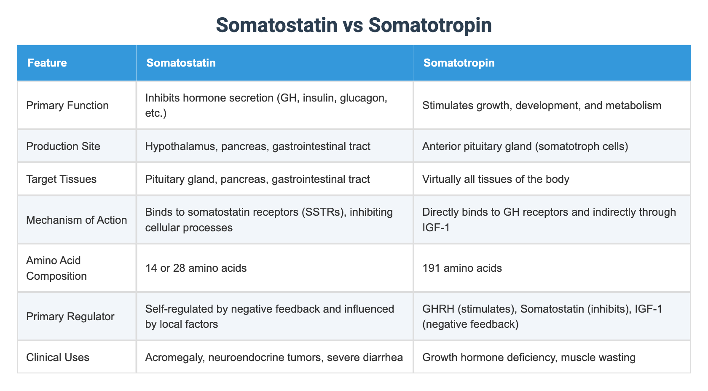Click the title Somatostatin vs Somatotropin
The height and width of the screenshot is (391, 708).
[354, 25]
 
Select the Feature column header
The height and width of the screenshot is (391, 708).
[47, 63]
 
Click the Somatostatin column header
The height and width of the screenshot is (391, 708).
[181, 63]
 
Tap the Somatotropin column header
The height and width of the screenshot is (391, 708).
[459, 63]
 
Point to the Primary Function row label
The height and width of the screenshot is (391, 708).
[67, 105]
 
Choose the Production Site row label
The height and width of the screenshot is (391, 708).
[63, 146]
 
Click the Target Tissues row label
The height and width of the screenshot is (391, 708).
[61, 179]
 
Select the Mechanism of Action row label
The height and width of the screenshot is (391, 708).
[76, 220]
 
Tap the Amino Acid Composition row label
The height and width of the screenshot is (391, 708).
[56, 268]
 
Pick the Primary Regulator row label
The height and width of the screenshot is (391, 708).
[70, 316]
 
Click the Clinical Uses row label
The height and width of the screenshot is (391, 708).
[58, 357]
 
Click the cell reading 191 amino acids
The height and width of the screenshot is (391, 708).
[462, 268]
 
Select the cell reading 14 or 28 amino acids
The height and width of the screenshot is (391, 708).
[196, 268]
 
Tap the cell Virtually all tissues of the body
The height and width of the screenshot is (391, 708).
[496, 179]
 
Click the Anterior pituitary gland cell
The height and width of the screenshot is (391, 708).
[525, 146]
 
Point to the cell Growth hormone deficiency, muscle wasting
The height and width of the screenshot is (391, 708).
[528, 357]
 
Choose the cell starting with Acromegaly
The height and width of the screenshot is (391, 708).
[274, 357]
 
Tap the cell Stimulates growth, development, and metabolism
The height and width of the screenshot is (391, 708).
[542, 105]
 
